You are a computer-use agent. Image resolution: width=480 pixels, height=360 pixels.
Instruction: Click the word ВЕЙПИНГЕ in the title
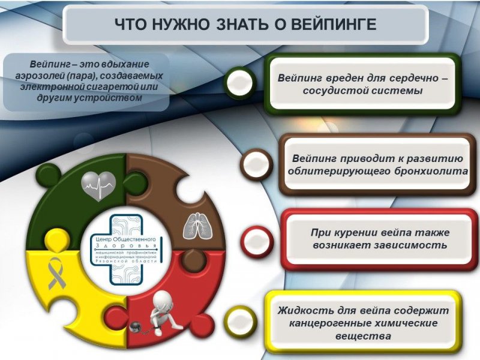click(334, 24)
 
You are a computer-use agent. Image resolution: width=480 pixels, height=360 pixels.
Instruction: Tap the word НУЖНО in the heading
click(181, 24)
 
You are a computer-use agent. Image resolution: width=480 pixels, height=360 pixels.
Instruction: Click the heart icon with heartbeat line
click(98, 185)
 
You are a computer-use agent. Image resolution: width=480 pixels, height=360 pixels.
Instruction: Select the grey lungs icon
click(198, 226)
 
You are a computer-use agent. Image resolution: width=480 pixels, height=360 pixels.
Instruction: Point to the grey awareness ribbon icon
click(56, 273)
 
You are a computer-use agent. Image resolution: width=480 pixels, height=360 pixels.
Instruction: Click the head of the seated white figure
click(162, 301)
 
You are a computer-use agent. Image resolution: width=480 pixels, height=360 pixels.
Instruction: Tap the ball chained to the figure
click(135, 326)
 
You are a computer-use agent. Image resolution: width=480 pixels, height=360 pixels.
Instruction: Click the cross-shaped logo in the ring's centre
click(127, 250)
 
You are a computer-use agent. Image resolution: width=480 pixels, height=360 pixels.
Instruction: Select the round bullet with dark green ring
click(239, 82)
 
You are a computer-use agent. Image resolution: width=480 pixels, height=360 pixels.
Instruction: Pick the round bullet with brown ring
click(257, 164)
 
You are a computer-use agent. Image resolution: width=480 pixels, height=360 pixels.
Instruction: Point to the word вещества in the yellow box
click(363, 336)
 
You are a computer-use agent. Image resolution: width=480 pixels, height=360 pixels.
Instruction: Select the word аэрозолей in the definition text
click(39, 76)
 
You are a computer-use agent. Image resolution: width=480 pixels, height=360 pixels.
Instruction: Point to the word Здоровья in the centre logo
click(126, 246)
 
